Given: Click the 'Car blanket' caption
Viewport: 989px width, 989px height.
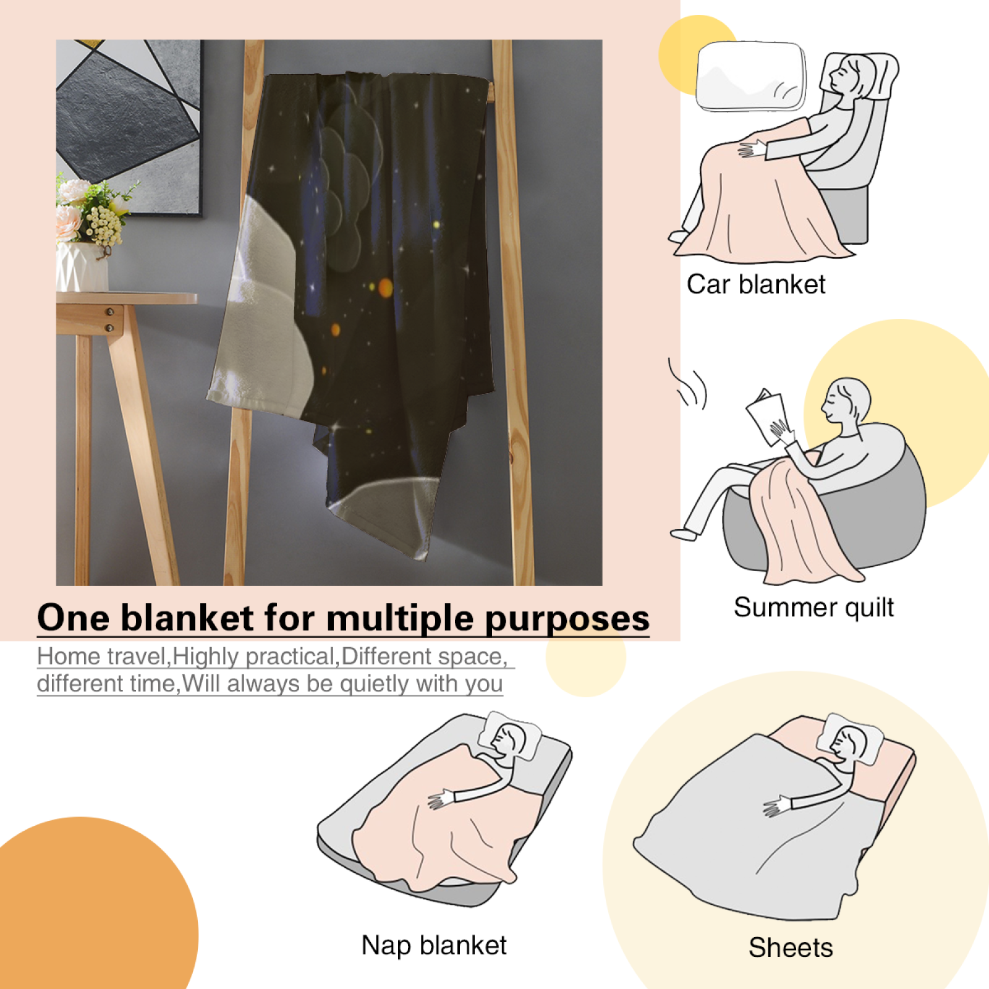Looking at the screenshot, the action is pyautogui.click(x=756, y=284).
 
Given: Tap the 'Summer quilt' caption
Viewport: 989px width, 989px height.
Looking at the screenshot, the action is pyautogui.click(x=813, y=608).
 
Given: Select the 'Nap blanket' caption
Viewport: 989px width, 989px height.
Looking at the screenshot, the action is pyautogui.click(x=434, y=946).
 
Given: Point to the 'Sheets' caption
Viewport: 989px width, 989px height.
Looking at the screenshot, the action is pyautogui.click(x=791, y=948).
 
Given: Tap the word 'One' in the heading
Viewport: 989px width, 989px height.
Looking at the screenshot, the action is pyautogui.click(x=74, y=618).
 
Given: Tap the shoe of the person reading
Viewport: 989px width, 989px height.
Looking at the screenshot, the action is pyautogui.click(x=684, y=534).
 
